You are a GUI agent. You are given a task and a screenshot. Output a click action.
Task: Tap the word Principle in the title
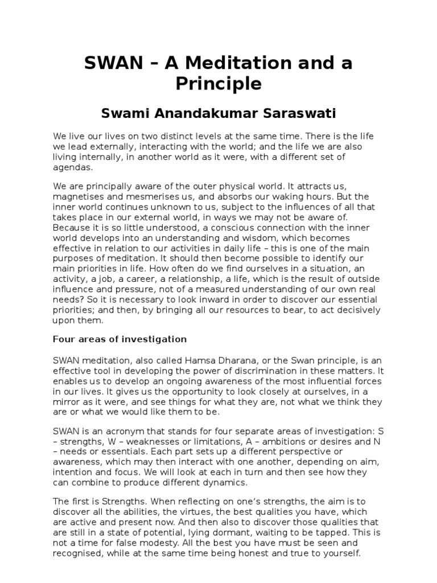[218, 84]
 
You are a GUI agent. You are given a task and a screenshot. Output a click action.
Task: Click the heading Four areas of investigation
[119, 339]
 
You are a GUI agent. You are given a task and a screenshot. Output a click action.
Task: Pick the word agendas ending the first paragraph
[71, 168]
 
